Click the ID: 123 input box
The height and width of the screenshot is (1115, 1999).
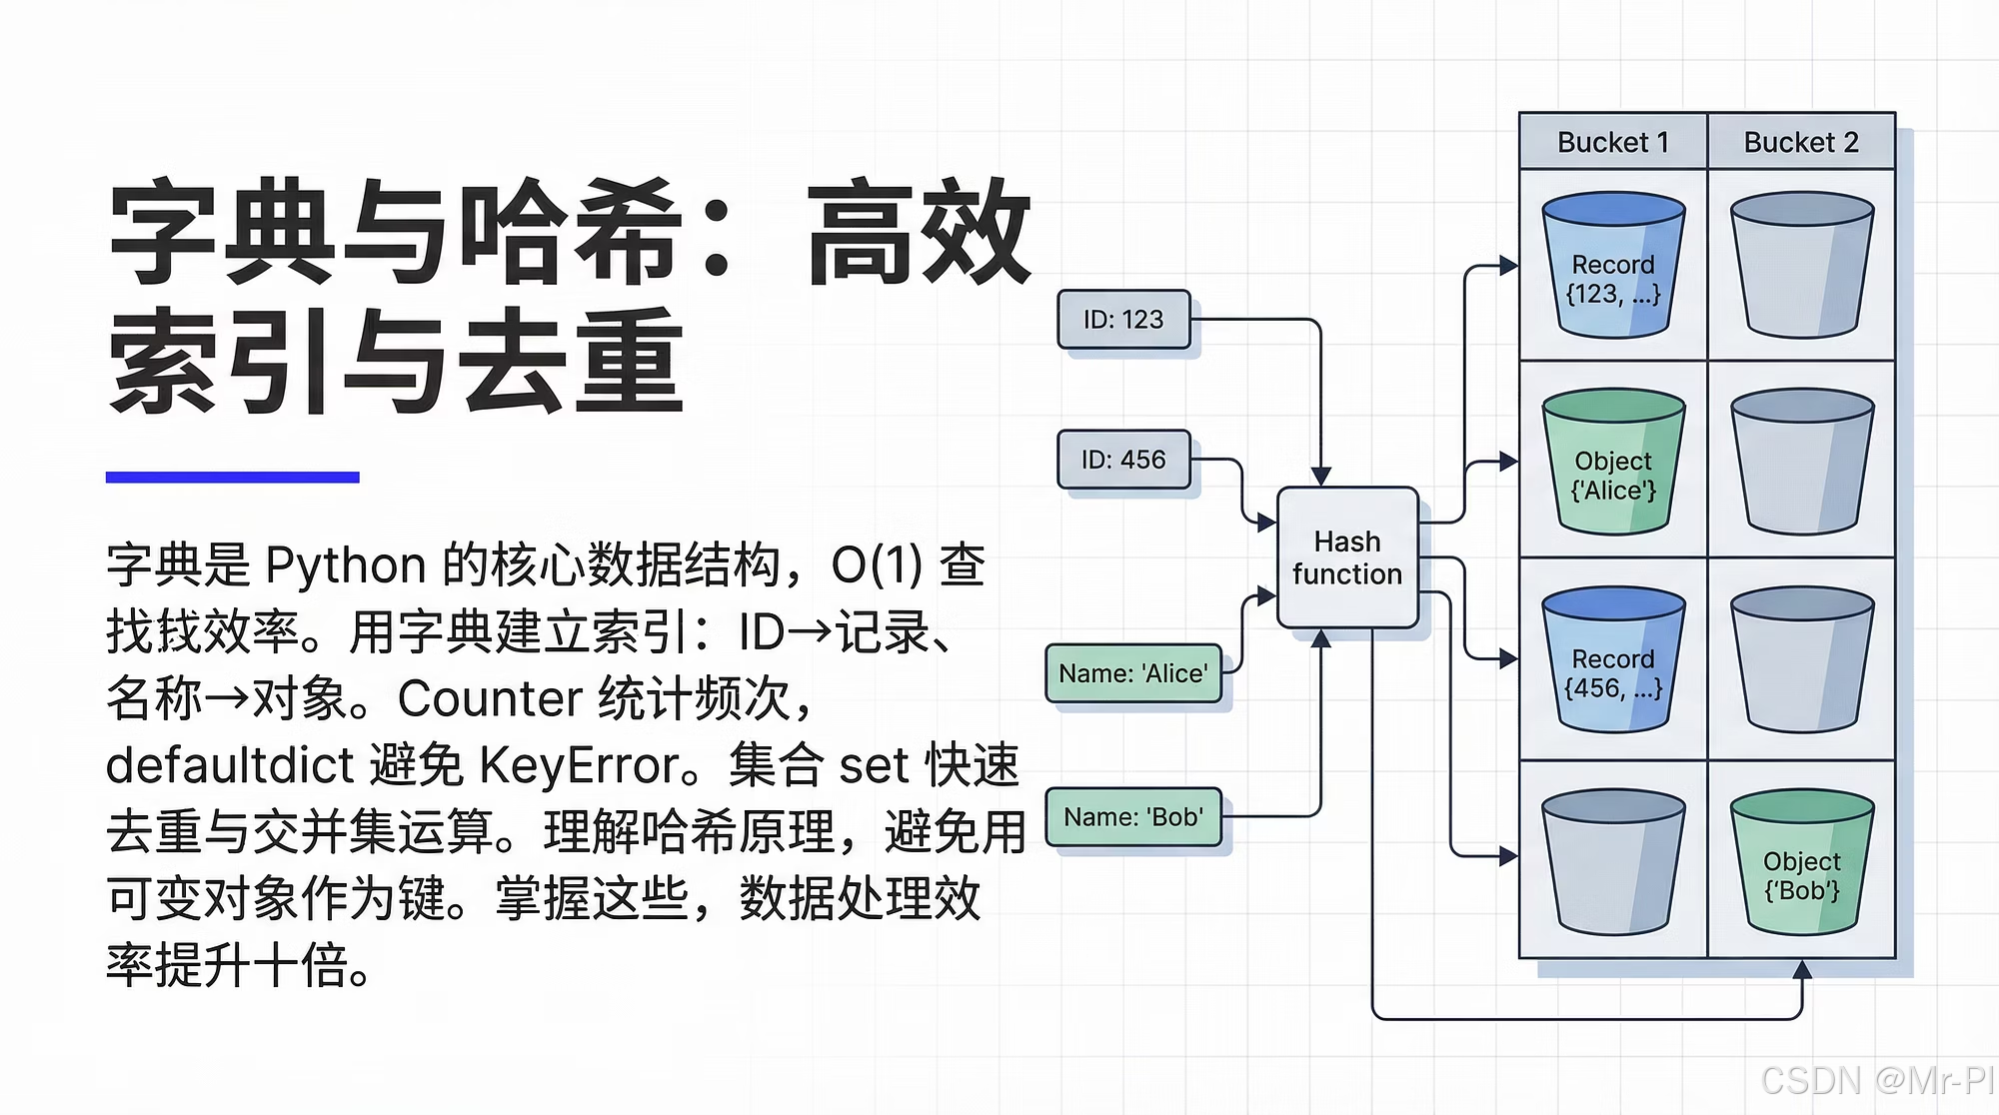[1123, 320]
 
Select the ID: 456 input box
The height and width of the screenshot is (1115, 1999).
[1123, 460]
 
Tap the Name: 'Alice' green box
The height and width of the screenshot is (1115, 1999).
[1133, 673]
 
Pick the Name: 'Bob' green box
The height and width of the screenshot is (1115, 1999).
[1133, 817]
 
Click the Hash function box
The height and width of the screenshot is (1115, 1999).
[1347, 557]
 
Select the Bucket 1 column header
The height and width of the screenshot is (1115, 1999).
[1612, 142]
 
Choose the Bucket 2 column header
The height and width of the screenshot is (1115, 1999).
[1801, 142]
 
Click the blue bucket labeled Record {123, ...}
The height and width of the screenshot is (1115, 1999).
[1613, 268]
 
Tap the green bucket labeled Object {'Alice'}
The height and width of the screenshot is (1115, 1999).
[1613, 463]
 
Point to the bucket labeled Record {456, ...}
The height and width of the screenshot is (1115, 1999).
[1613, 661]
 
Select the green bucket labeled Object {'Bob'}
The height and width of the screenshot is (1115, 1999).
[1801, 863]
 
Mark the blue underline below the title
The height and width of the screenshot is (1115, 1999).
[232, 478]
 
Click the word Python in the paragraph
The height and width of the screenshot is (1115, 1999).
[346, 565]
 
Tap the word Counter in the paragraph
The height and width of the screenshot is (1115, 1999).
[490, 698]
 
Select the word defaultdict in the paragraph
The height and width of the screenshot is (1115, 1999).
[230, 765]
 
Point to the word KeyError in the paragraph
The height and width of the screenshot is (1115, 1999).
[580, 765]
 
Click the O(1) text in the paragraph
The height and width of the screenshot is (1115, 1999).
[876, 565]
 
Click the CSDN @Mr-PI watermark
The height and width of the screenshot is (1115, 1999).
[1877, 1081]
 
